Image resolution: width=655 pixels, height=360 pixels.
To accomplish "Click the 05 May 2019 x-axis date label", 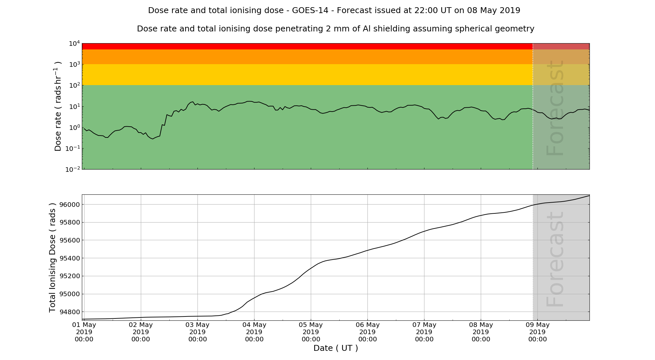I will [311, 332].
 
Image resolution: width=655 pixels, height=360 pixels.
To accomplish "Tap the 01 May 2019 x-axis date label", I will [84, 332].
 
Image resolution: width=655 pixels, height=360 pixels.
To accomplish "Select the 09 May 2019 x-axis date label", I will [537, 332].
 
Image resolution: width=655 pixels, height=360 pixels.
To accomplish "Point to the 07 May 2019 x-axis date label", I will [424, 332].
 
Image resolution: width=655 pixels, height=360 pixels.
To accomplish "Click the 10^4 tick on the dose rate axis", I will [74, 43].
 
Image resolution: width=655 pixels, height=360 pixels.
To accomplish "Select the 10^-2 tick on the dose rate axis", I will [73, 169].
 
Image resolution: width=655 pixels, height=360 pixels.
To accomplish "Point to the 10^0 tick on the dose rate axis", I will [74, 127].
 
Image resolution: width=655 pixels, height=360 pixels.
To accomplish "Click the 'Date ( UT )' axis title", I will [336, 348].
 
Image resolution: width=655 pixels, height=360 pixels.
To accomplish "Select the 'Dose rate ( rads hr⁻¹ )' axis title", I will [58, 106].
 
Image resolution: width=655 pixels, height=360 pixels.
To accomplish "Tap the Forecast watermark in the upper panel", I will [555, 108].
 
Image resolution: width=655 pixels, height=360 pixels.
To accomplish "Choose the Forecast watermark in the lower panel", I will [555, 259].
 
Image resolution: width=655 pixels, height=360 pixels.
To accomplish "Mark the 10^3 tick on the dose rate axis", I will [74, 64].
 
